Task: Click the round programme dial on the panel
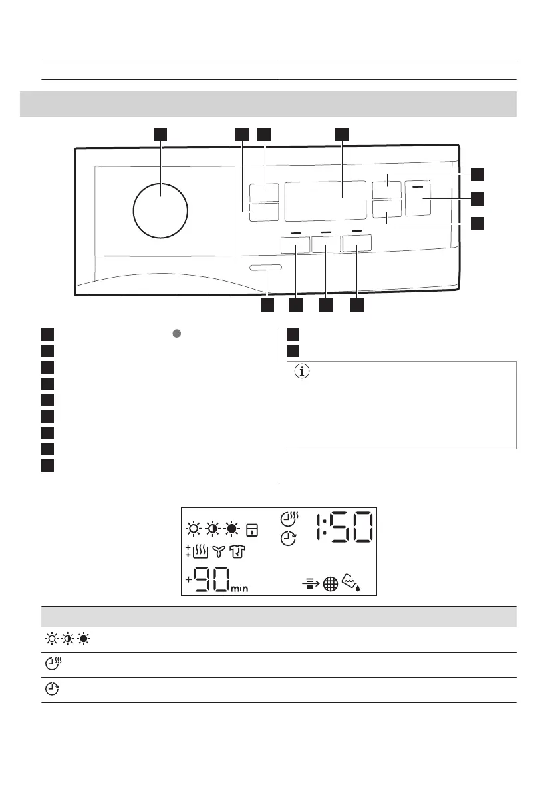pyautogui.click(x=160, y=211)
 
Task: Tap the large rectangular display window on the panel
pyautogui.click(x=326, y=201)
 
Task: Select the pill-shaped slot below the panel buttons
pyautogui.click(x=265, y=268)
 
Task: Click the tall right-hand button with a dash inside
pyautogui.click(x=418, y=198)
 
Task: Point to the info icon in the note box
pyautogui.click(x=302, y=372)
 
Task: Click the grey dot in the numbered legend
pyautogui.click(x=177, y=334)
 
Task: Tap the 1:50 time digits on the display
pyautogui.click(x=345, y=527)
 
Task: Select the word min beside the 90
pyautogui.click(x=239, y=588)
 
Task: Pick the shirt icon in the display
pyautogui.click(x=237, y=551)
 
